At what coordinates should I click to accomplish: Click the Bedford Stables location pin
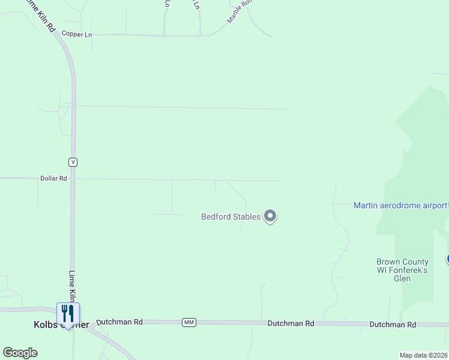(270, 216)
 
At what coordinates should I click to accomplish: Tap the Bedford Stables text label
(231, 217)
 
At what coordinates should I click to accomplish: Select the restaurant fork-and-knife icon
(68, 313)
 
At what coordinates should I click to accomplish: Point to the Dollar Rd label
(53, 178)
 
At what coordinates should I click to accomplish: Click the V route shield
(73, 162)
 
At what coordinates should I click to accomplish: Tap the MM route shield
(189, 323)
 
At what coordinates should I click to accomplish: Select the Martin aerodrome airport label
(400, 205)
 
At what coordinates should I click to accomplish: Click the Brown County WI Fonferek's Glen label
(402, 270)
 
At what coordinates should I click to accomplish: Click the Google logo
(20, 353)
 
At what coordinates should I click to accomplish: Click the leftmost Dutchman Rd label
(119, 322)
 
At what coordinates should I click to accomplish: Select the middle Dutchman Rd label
(291, 323)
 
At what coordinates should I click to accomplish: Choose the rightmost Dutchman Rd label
(393, 325)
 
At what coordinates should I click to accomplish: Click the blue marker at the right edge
(447, 259)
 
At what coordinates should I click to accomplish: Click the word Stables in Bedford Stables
(247, 217)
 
